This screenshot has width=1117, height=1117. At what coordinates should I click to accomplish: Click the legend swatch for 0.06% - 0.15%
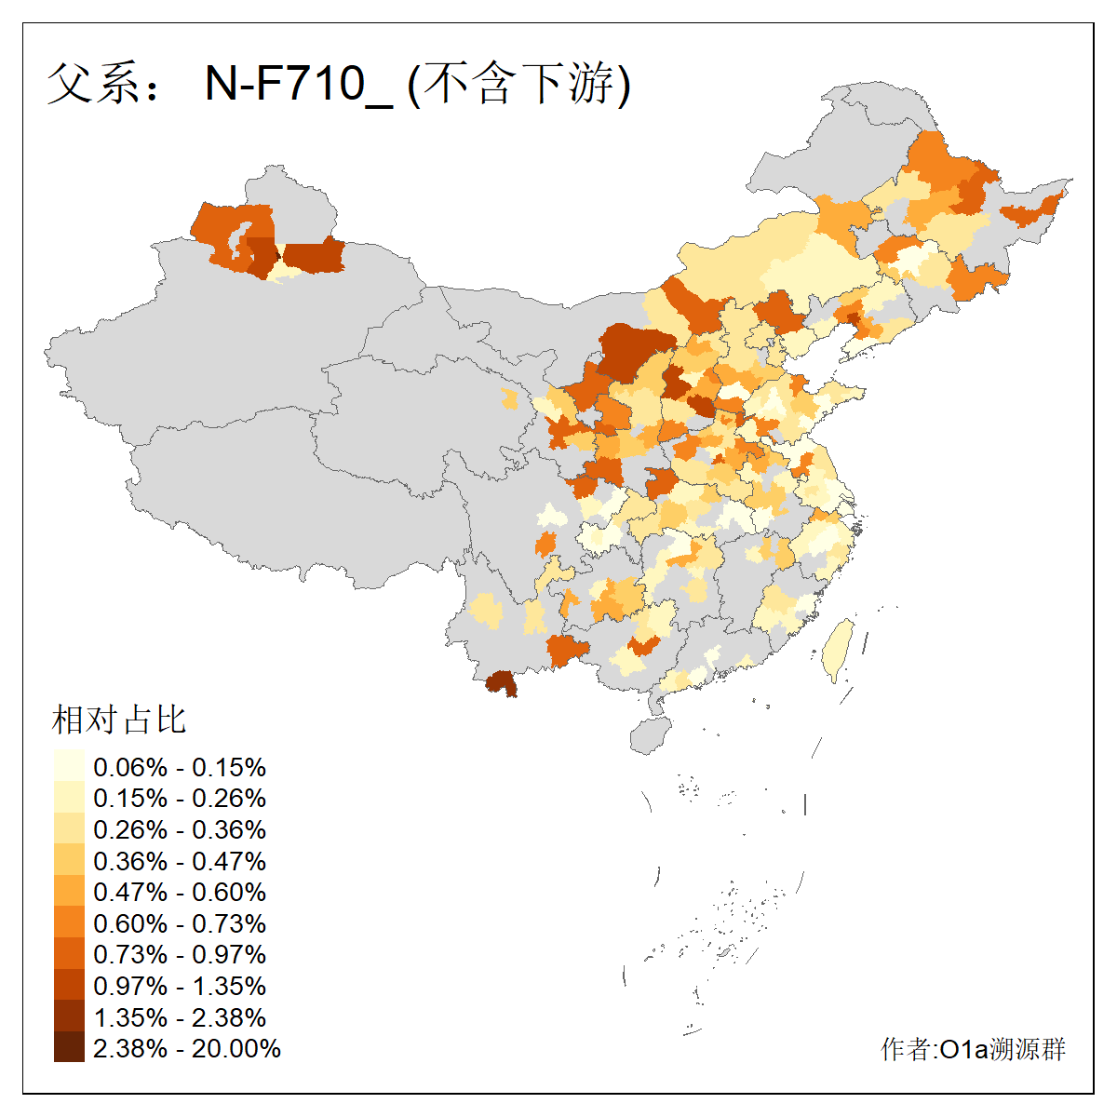69,767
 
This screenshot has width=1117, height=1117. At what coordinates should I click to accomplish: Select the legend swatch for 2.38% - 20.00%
69,1048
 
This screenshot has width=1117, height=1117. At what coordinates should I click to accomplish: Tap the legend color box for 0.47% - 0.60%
69,892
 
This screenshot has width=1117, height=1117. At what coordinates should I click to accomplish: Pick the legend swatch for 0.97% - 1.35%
69,986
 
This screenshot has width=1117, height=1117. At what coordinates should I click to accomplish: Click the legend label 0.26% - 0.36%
180,829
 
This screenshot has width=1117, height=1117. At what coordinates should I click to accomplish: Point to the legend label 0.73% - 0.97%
180,954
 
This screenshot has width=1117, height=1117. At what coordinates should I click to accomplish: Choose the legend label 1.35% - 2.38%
180,1017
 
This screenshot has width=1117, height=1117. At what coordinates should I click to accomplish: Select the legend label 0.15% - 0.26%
180,799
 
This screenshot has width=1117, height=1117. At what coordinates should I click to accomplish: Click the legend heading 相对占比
119,720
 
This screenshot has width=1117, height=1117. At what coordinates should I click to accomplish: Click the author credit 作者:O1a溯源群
973,1049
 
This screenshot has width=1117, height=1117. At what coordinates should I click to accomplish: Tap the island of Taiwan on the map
841,648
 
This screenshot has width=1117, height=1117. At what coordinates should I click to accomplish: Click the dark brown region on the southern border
502,684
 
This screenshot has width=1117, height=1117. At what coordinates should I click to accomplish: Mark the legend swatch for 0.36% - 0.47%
69,861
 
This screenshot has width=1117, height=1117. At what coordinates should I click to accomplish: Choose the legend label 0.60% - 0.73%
180,923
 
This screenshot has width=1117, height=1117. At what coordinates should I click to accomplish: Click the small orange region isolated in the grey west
509,399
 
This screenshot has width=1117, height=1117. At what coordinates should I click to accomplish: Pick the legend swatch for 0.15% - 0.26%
69,799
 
